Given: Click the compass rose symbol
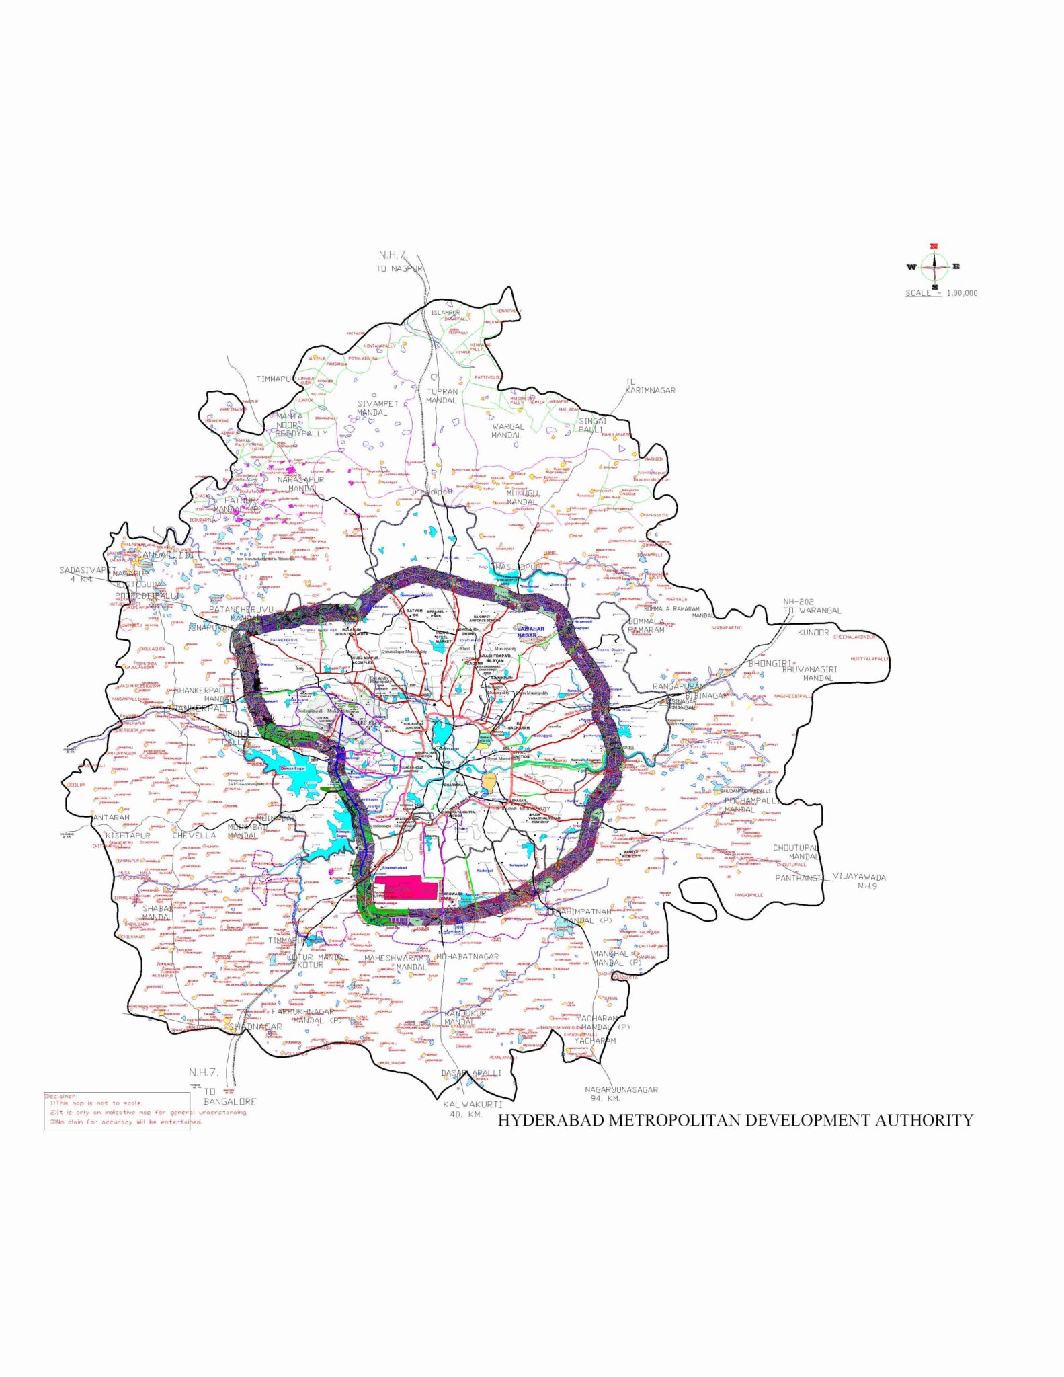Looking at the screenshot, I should [x=934, y=266].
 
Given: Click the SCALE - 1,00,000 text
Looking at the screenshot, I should [x=941, y=293].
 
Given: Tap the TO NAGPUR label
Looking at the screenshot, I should [x=399, y=268].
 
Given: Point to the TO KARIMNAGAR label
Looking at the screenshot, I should [x=649, y=386].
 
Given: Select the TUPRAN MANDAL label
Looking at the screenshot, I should [x=442, y=396].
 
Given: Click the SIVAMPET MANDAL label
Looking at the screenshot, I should [x=377, y=408].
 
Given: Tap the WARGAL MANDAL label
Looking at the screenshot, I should [x=507, y=430].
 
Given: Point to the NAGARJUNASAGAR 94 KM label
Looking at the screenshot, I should [x=621, y=1093].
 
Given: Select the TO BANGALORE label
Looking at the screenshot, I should [x=229, y=1097].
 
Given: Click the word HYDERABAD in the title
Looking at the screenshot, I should [x=551, y=1120].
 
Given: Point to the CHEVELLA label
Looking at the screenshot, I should [x=194, y=836].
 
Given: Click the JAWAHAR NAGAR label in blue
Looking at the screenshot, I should [x=530, y=632].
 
